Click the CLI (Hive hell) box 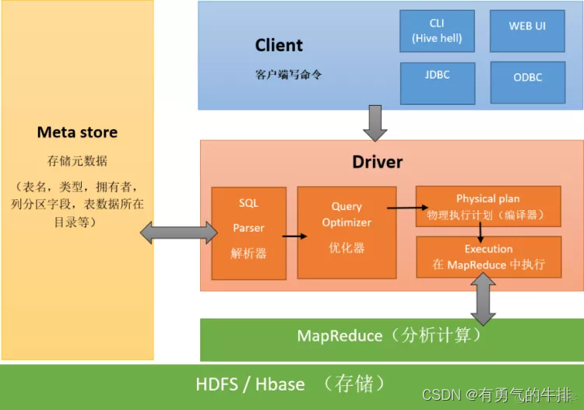click(436, 31)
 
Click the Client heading click(279, 46)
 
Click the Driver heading click(377, 162)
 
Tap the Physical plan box click(487, 206)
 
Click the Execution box click(488, 257)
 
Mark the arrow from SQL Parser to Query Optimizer click(292, 236)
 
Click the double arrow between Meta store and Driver click(178, 232)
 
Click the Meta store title click(77, 132)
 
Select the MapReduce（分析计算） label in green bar click(389, 336)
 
